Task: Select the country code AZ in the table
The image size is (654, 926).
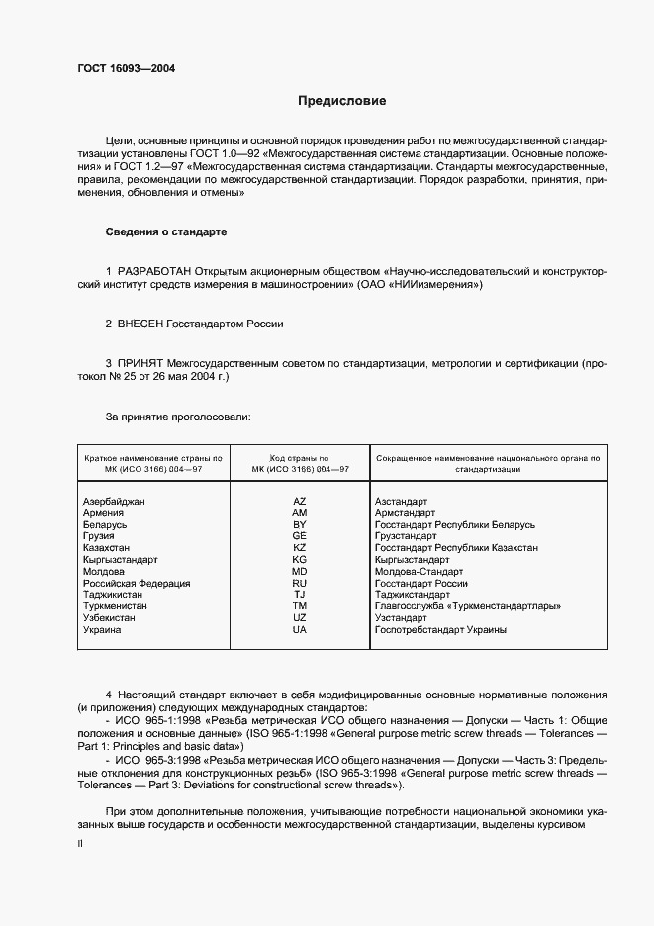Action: [300, 502]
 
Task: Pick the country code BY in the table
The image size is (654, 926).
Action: [300, 524]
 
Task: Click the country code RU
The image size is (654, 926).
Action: [300, 584]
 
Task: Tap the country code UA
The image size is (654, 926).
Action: [300, 630]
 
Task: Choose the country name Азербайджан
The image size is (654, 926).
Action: [114, 502]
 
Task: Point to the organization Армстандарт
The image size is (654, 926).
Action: [405, 513]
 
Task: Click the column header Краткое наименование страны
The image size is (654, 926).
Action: [153, 459]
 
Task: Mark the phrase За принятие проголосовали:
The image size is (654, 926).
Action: [178, 417]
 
